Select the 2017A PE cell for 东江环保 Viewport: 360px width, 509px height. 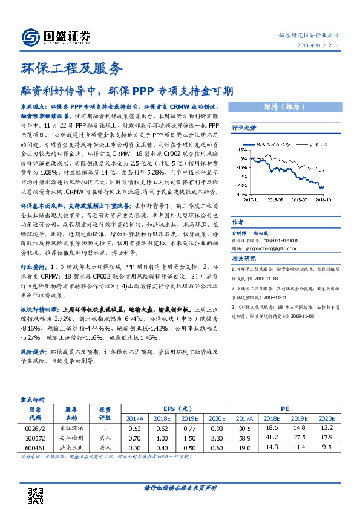coord(243,427)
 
